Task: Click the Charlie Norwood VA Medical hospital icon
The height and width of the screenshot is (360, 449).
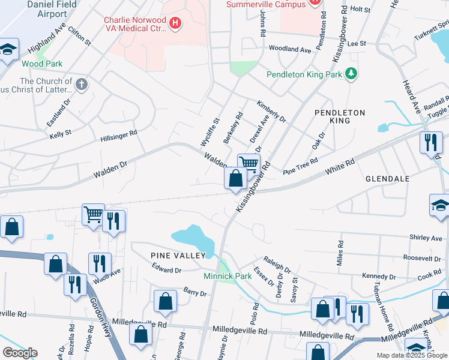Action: point(175,23)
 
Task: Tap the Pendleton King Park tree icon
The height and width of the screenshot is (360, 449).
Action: point(351,74)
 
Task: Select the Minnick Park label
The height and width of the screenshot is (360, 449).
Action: point(218,277)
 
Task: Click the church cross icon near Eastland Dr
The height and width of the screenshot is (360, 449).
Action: point(82,84)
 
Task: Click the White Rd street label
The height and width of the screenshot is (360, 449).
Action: point(340,167)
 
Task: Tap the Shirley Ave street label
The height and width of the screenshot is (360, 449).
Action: point(426,238)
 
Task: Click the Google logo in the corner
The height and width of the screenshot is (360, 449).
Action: point(19,353)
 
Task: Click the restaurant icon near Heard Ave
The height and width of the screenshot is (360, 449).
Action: point(430,143)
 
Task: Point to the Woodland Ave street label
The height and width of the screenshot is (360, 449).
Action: point(290,49)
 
